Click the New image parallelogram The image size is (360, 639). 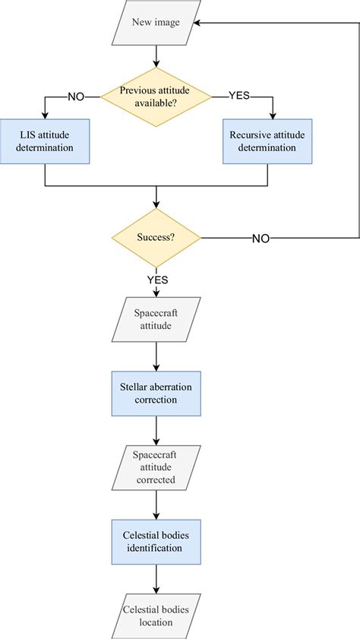pyautogui.click(x=156, y=23)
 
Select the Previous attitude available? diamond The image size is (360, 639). pyautogui.click(x=156, y=96)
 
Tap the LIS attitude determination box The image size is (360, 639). pyautogui.click(x=46, y=141)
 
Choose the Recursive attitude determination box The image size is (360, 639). pyautogui.click(x=267, y=141)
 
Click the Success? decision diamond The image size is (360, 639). pyautogui.click(x=156, y=237)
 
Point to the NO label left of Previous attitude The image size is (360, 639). pyautogui.click(x=77, y=96)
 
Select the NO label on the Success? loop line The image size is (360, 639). pyautogui.click(x=261, y=238)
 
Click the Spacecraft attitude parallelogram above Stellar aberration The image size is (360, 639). pyautogui.click(x=156, y=318)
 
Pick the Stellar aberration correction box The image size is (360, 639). pyautogui.click(x=156, y=393)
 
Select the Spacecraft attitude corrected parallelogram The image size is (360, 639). pyautogui.click(x=156, y=467)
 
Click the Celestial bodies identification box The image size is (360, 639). pyautogui.click(x=156, y=542)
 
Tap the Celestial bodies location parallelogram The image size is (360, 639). pyautogui.click(x=156, y=616)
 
